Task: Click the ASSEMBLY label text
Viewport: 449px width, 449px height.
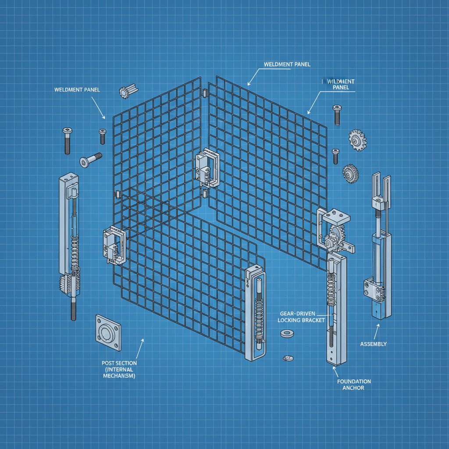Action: [373, 344]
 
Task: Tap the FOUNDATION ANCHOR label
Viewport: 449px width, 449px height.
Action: [354, 385]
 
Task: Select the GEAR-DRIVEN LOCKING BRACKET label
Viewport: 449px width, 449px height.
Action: [301, 317]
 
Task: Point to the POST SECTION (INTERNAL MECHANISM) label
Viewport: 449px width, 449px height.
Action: [119, 369]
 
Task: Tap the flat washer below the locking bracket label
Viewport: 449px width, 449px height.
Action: [287, 334]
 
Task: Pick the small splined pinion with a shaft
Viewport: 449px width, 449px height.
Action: [124, 91]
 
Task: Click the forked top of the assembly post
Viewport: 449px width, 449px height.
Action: [381, 186]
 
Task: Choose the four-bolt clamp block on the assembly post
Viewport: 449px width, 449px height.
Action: [372, 289]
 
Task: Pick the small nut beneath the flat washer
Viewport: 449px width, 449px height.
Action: [288, 358]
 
